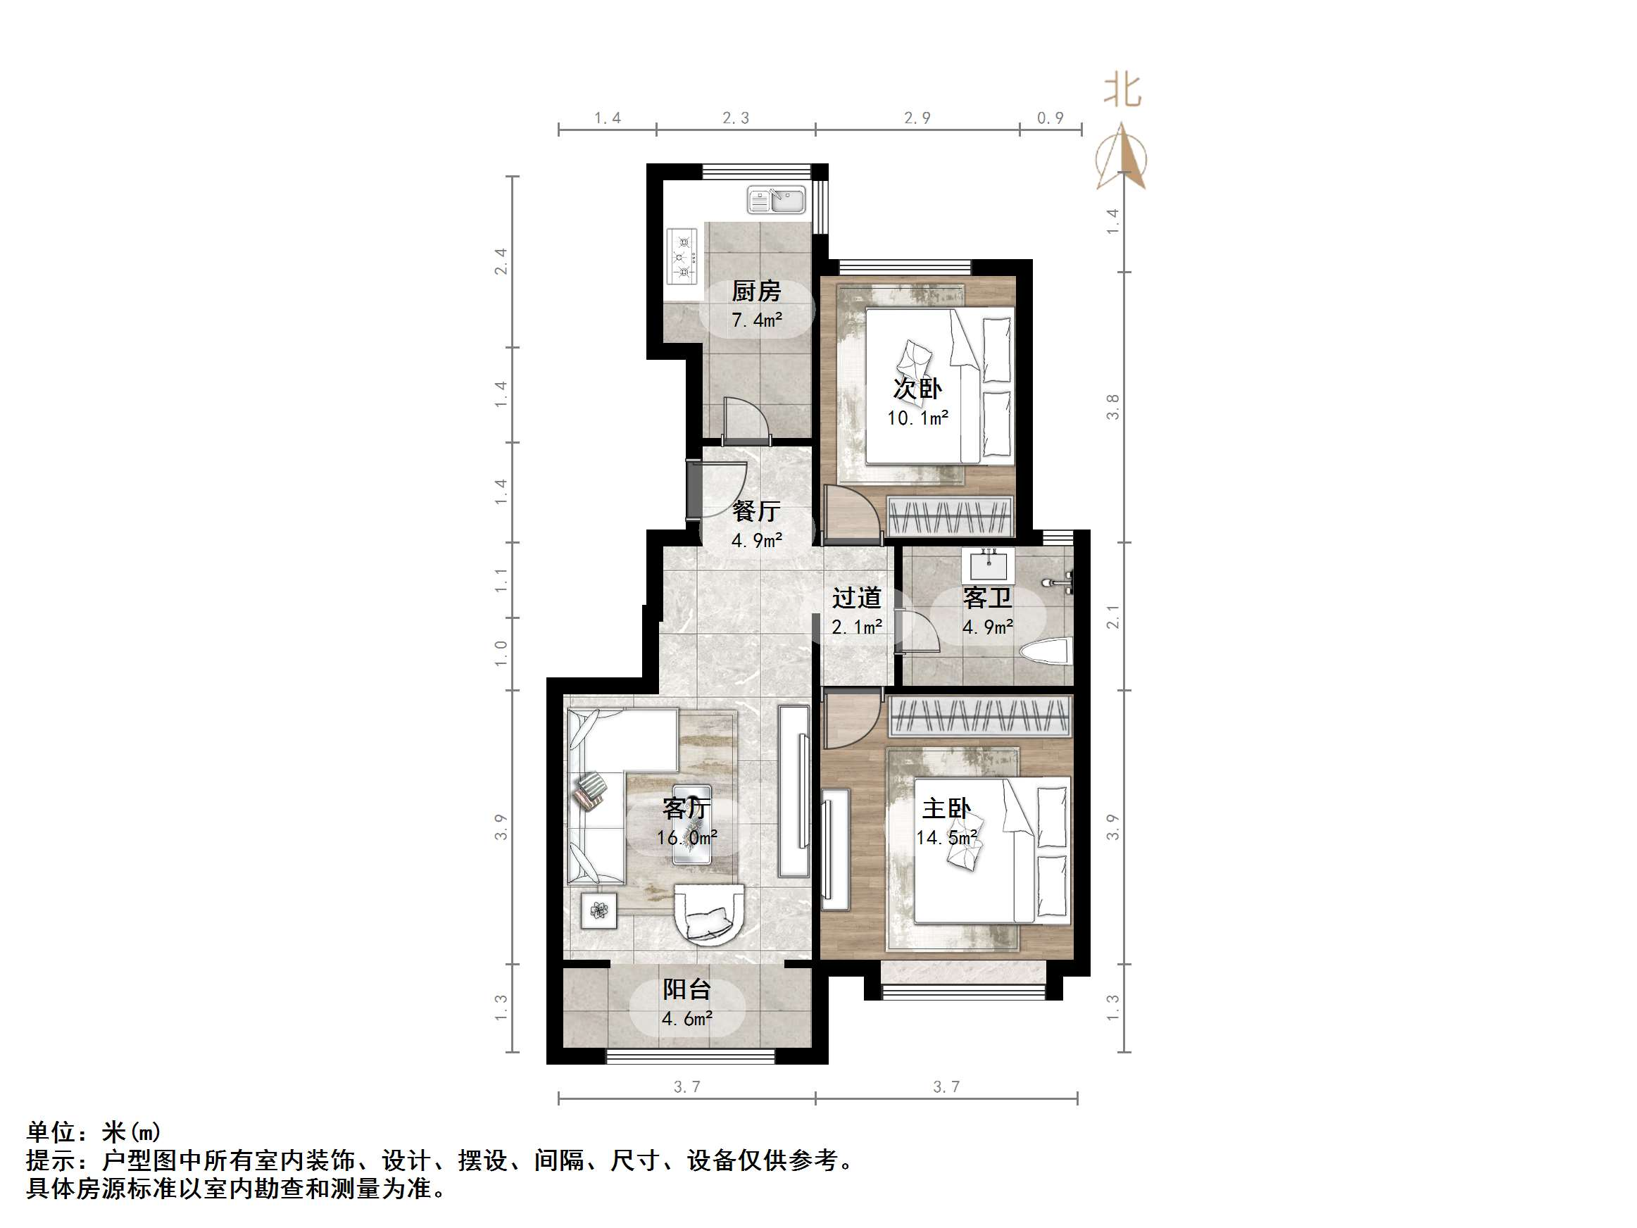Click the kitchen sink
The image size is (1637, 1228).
click(x=776, y=200)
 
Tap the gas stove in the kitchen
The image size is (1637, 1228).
click(x=682, y=256)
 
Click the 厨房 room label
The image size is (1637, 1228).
click(x=755, y=291)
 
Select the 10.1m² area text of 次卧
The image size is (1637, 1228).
click(x=917, y=418)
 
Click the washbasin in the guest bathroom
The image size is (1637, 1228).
click(x=988, y=566)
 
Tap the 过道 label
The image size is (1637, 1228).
click(x=856, y=597)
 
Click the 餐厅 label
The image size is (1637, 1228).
click(x=755, y=510)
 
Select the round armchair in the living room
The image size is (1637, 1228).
click(x=709, y=915)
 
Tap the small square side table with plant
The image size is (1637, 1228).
click(x=598, y=910)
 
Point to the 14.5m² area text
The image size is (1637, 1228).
click(x=946, y=837)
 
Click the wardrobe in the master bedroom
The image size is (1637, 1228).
click(x=979, y=716)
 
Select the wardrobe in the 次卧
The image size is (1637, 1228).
click(x=950, y=515)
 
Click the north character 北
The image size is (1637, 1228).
click(x=1122, y=90)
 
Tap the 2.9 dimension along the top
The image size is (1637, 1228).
click(x=917, y=118)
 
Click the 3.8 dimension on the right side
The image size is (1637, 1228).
click(x=1112, y=407)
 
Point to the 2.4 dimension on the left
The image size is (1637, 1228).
click(x=501, y=261)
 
